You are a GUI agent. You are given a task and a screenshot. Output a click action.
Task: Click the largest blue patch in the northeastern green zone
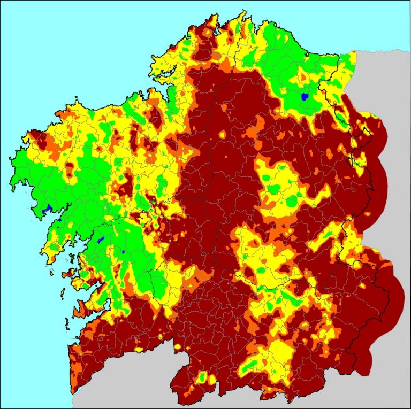(305, 97)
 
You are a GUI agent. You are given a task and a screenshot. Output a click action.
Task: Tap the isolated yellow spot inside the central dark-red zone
(222, 135)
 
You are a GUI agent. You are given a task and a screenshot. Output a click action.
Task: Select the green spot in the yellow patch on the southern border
(202, 377)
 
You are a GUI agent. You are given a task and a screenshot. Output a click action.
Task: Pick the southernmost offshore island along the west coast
(67, 323)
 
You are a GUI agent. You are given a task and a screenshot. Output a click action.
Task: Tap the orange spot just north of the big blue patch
(307, 86)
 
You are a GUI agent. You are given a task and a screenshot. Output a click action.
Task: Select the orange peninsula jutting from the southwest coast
(80, 310)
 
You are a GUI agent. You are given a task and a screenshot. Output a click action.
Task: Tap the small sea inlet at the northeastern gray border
(353, 53)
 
